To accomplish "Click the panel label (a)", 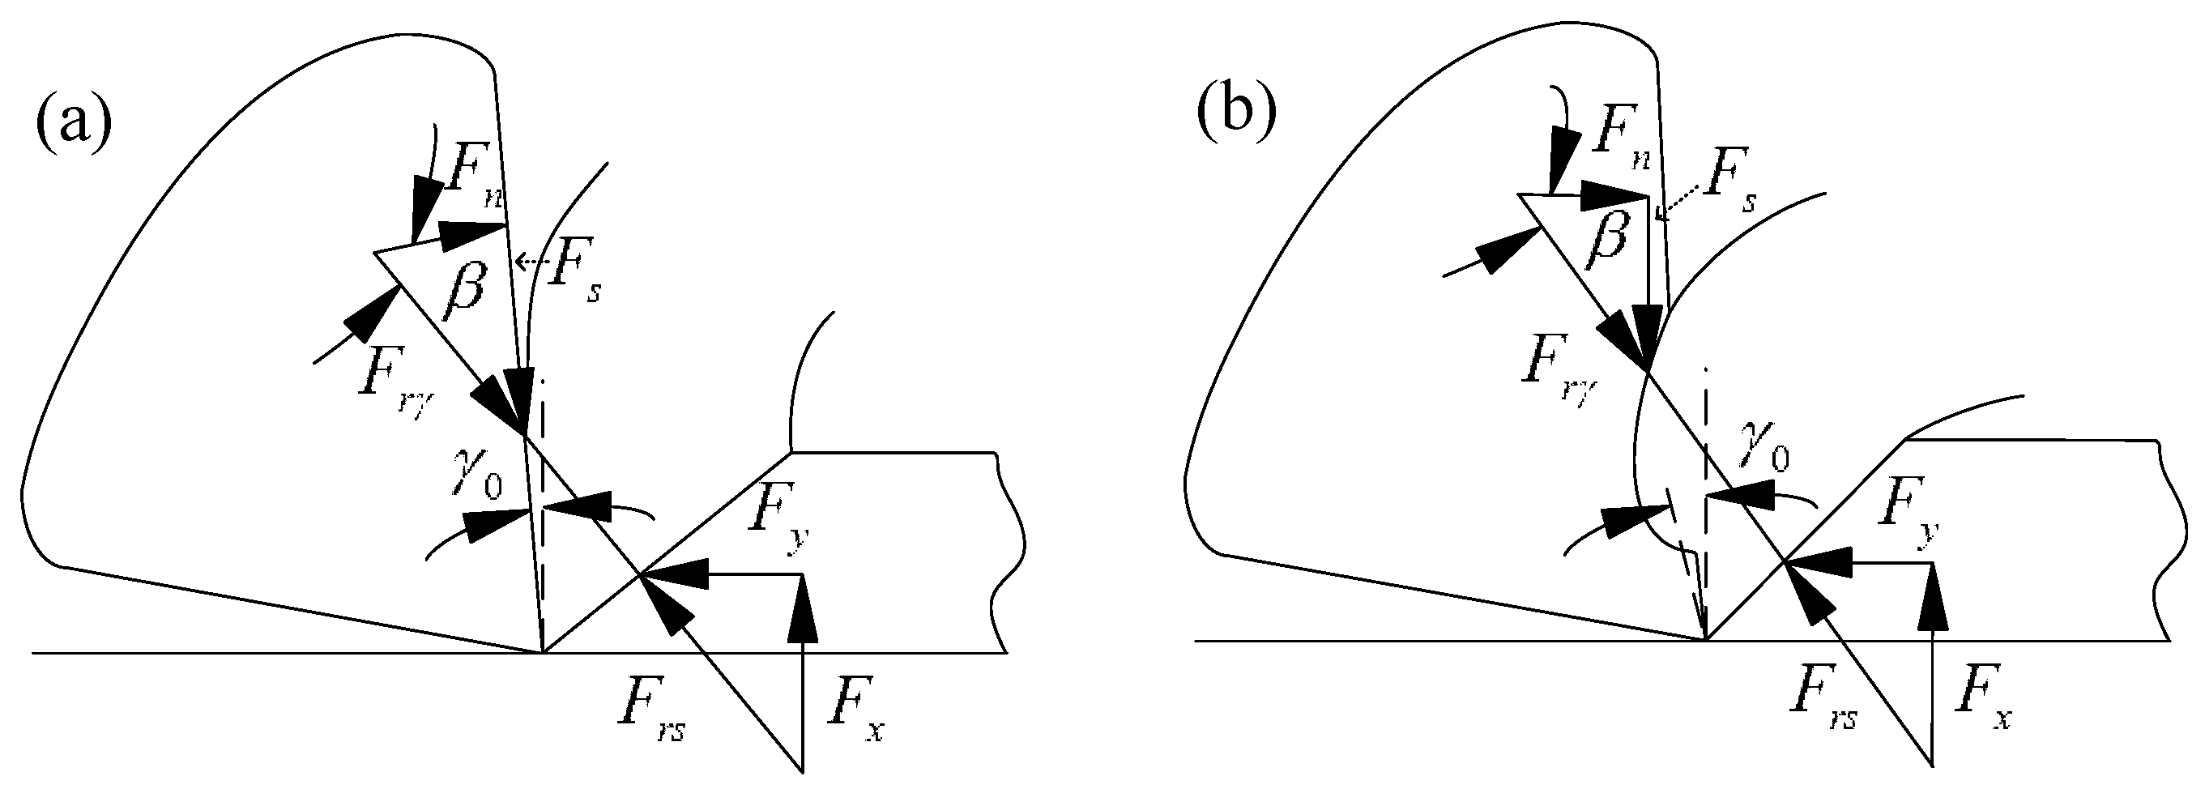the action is coord(74,122).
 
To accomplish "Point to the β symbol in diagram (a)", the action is coord(463,291).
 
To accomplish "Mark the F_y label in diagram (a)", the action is coord(779,524).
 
